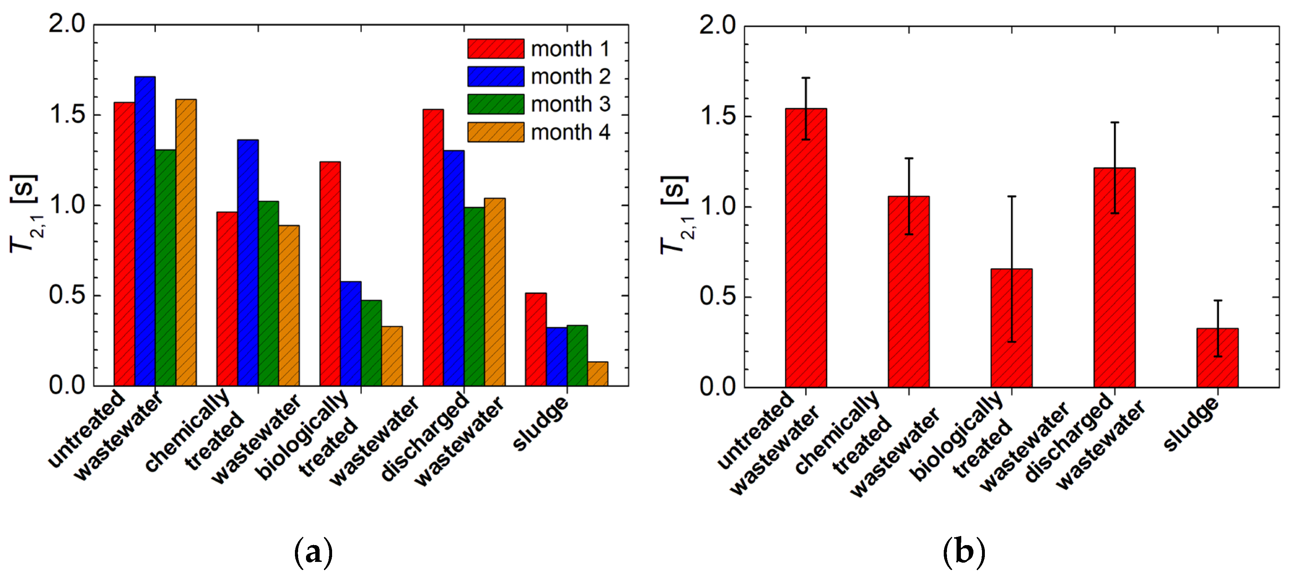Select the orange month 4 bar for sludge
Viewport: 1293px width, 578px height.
coord(597,374)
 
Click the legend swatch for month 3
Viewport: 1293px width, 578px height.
coord(495,104)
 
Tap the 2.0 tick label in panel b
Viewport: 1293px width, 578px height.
coord(718,25)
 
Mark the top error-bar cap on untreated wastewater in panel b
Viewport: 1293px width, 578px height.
coord(806,78)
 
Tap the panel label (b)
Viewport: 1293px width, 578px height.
coord(964,552)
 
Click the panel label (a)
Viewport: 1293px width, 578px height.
coord(313,552)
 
